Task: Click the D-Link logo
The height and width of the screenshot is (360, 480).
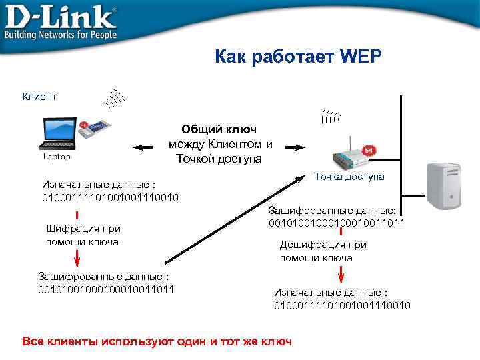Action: coord(60,21)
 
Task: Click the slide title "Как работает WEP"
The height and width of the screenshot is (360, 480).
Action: coord(298,57)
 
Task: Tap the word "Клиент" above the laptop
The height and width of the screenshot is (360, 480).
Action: coord(39,97)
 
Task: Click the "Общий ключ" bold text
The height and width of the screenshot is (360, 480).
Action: coord(219,129)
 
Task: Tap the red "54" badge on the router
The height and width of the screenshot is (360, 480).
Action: coord(367,151)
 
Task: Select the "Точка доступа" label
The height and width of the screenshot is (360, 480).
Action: coord(349,177)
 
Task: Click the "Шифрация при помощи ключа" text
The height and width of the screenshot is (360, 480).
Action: coord(83,235)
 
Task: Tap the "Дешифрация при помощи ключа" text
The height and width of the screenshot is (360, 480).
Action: coord(323,251)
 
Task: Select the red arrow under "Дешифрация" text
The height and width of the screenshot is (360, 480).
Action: coord(341,274)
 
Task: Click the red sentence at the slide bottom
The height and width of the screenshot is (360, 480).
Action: coord(157,341)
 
